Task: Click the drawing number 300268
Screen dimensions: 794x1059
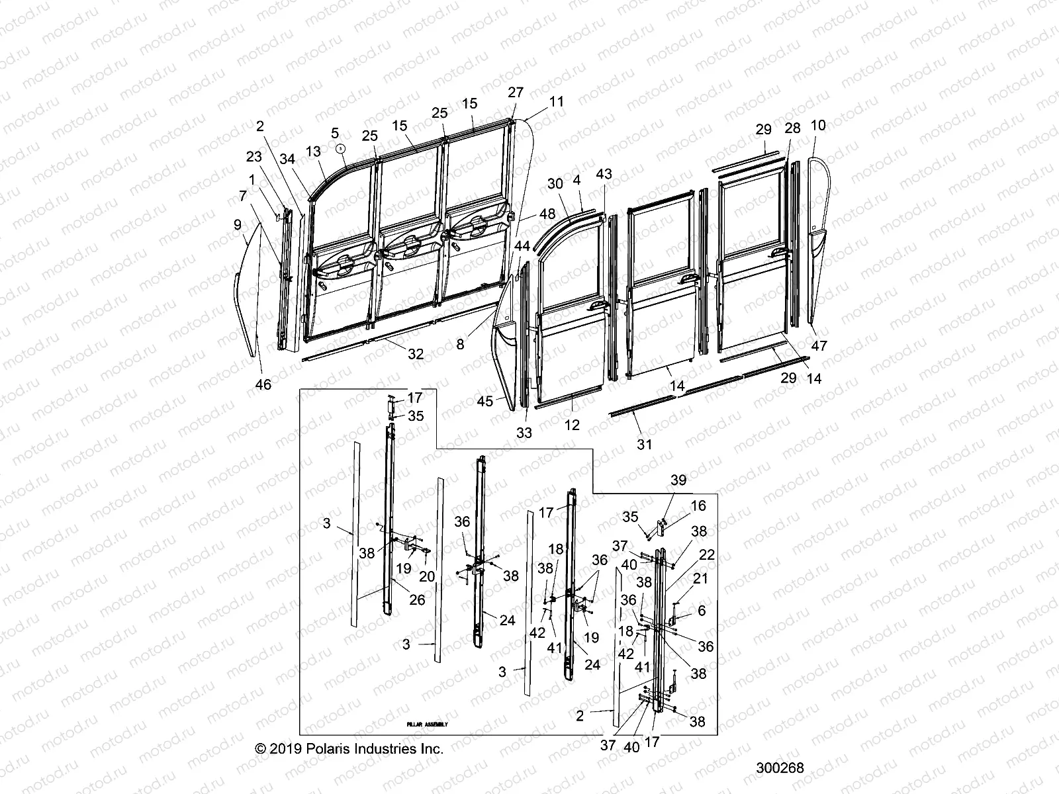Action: click(x=780, y=768)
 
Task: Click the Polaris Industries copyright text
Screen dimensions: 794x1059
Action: click(x=349, y=748)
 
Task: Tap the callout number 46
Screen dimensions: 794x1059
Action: click(x=263, y=384)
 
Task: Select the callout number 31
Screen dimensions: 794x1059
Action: click(x=644, y=445)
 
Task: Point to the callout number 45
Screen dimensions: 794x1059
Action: click(x=485, y=401)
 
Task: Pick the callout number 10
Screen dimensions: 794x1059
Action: click(x=818, y=125)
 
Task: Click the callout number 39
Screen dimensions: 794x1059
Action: click(x=678, y=480)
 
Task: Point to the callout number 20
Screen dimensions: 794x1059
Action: click(x=427, y=576)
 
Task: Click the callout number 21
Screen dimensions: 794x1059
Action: click(x=700, y=578)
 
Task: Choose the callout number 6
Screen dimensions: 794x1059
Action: click(x=702, y=611)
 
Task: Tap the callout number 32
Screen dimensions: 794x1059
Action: click(x=415, y=354)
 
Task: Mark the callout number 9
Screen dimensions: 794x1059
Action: click(x=238, y=225)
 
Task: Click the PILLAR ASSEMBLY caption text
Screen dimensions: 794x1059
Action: click(x=428, y=725)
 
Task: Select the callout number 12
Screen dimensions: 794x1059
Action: click(x=572, y=425)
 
